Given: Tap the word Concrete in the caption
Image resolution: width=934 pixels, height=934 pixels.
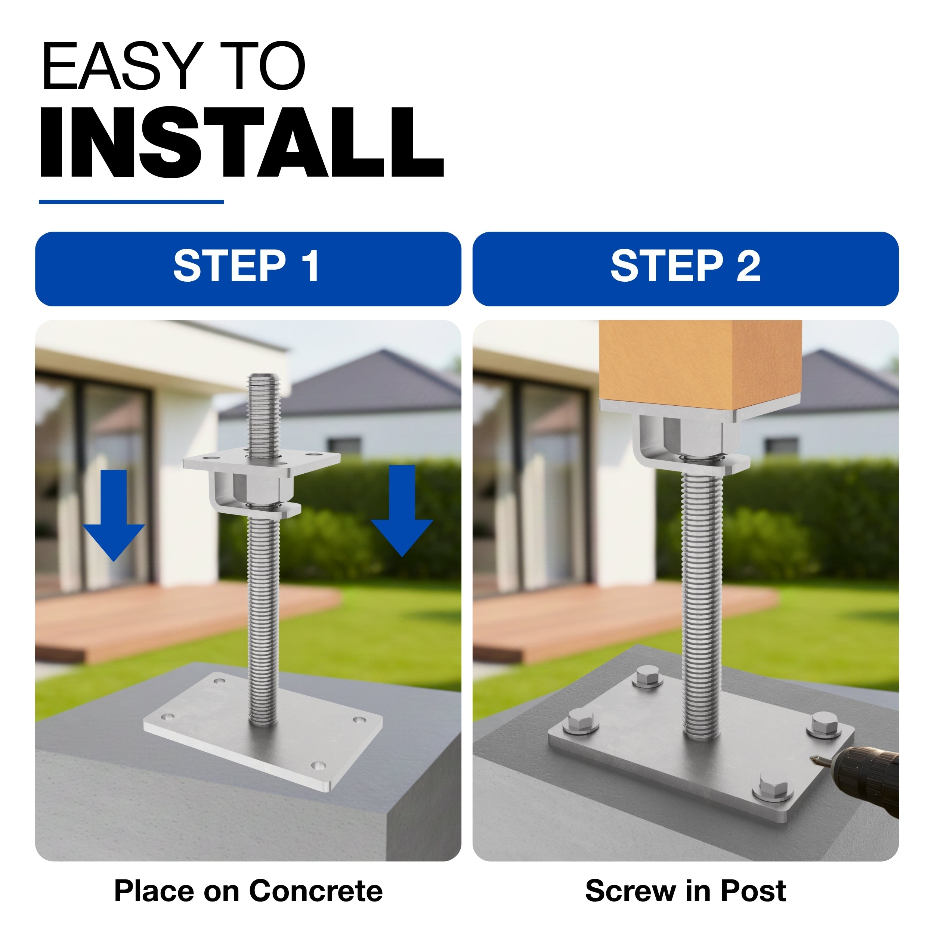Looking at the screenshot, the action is click(x=316, y=891).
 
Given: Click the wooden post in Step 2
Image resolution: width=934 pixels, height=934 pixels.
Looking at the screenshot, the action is click(x=700, y=367).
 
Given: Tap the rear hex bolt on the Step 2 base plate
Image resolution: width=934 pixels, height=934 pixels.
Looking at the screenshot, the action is click(x=648, y=677).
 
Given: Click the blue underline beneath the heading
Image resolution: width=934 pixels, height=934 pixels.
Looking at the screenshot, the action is click(x=132, y=202).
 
